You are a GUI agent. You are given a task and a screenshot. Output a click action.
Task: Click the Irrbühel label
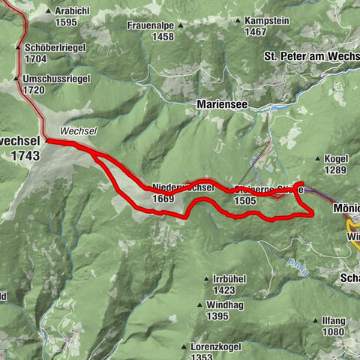point(229,279)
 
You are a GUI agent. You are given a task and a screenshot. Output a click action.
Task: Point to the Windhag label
point(227,305)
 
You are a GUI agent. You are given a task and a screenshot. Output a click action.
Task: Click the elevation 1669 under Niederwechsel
point(163,199)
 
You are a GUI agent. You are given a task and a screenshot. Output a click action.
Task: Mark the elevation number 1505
point(245,201)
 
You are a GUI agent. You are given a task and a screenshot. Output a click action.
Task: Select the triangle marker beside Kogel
point(319,159)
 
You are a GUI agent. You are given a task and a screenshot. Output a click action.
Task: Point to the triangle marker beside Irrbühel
point(206,279)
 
